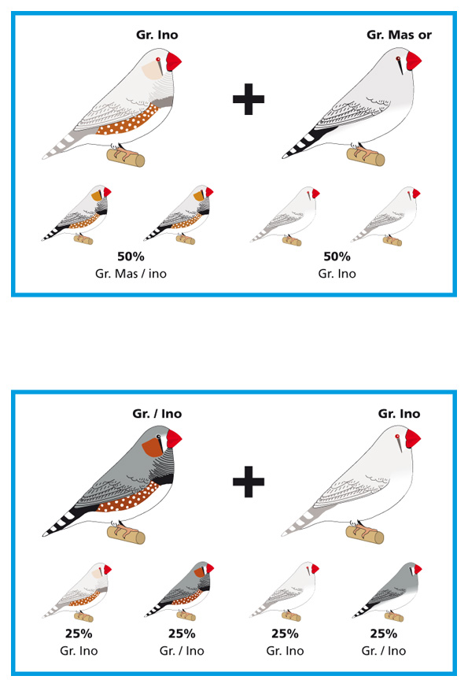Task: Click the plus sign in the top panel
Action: click(x=249, y=99)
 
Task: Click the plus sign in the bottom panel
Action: click(x=249, y=482)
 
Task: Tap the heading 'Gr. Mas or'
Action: click(x=399, y=35)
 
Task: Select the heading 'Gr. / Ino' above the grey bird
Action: click(x=157, y=414)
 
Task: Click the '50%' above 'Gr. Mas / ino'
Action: click(x=131, y=257)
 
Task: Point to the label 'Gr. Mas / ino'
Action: click(x=131, y=274)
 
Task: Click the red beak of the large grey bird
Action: click(x=173, y=438)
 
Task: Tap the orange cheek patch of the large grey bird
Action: click(x=152, y=447)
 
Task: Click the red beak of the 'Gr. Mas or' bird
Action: click(x=413, y=61)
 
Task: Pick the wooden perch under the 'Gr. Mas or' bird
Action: click(x=366, y=157)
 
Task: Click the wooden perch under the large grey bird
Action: click(x=126, y=535)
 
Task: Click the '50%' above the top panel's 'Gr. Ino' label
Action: click(x=337, y=257)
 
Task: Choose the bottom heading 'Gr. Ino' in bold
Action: click(x=399, y=414)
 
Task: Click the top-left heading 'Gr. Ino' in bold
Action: click(x=157, y=35)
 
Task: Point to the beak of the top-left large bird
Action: click(x=173, y=61)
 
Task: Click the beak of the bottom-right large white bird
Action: click(x=413, y=438)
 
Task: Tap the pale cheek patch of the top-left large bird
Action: click(x=153, y=70)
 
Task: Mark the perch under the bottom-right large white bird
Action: click(x=365, y=534)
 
